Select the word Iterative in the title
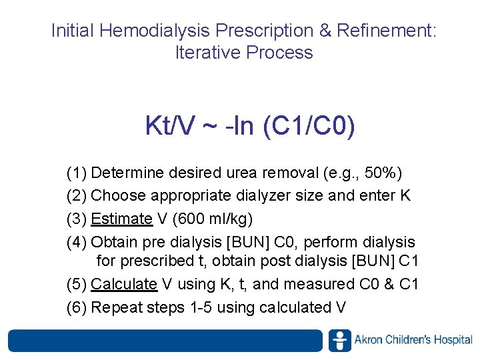click(207, 53)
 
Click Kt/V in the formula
click(170, 125)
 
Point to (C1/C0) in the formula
click(309, 125)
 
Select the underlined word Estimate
click(122, 219)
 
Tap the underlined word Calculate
click(124, 284)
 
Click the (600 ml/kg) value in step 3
click(213, 219)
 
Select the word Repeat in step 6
click(114, 307)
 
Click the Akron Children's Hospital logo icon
click(339, 340)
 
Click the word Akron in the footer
click(369, 340)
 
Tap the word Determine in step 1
click(127, 173)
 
